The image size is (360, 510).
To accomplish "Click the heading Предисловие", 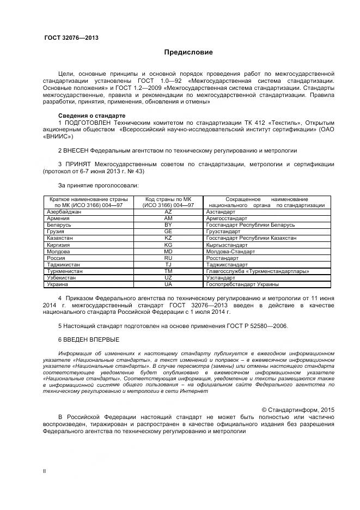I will click(188, 52).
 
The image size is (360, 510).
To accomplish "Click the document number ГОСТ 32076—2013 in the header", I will click(71, 38).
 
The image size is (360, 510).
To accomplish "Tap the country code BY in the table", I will click(168, 224).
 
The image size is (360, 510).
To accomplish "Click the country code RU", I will click(168, 258).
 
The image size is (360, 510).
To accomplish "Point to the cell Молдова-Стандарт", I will click(230, 251).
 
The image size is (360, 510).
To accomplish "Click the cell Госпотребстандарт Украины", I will click(242, 284).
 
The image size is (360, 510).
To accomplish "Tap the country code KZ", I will click(168, 238).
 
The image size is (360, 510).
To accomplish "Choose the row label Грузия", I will click(56, 231).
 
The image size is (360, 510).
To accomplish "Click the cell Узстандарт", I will click(220, 278).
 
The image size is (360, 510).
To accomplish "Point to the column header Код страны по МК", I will click(168, 199).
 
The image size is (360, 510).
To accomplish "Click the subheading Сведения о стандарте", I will click(91, 116).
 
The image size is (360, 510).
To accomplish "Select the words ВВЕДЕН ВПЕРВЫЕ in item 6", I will click(91, 339).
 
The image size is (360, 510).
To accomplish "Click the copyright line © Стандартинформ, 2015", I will click(298, 409).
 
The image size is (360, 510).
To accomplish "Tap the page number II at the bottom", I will click(45, 470).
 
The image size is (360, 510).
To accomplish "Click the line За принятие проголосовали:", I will click(90, 186).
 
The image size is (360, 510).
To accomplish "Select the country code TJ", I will click(168, 264).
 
